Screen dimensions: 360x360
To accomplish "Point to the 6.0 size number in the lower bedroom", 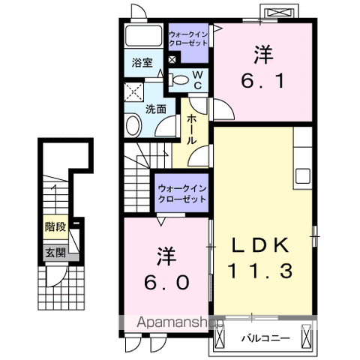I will point(166,281).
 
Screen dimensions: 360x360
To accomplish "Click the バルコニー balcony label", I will point(265,339).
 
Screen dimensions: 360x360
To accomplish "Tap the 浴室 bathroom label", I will point(142,62).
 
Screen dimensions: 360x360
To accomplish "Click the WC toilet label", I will point(197,79).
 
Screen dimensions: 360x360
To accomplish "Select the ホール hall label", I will point(193,129).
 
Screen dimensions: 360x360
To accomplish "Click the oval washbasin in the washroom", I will point(134,126).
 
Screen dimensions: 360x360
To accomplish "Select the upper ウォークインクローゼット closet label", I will point(187,37).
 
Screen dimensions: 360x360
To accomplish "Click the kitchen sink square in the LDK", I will point(303,175).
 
